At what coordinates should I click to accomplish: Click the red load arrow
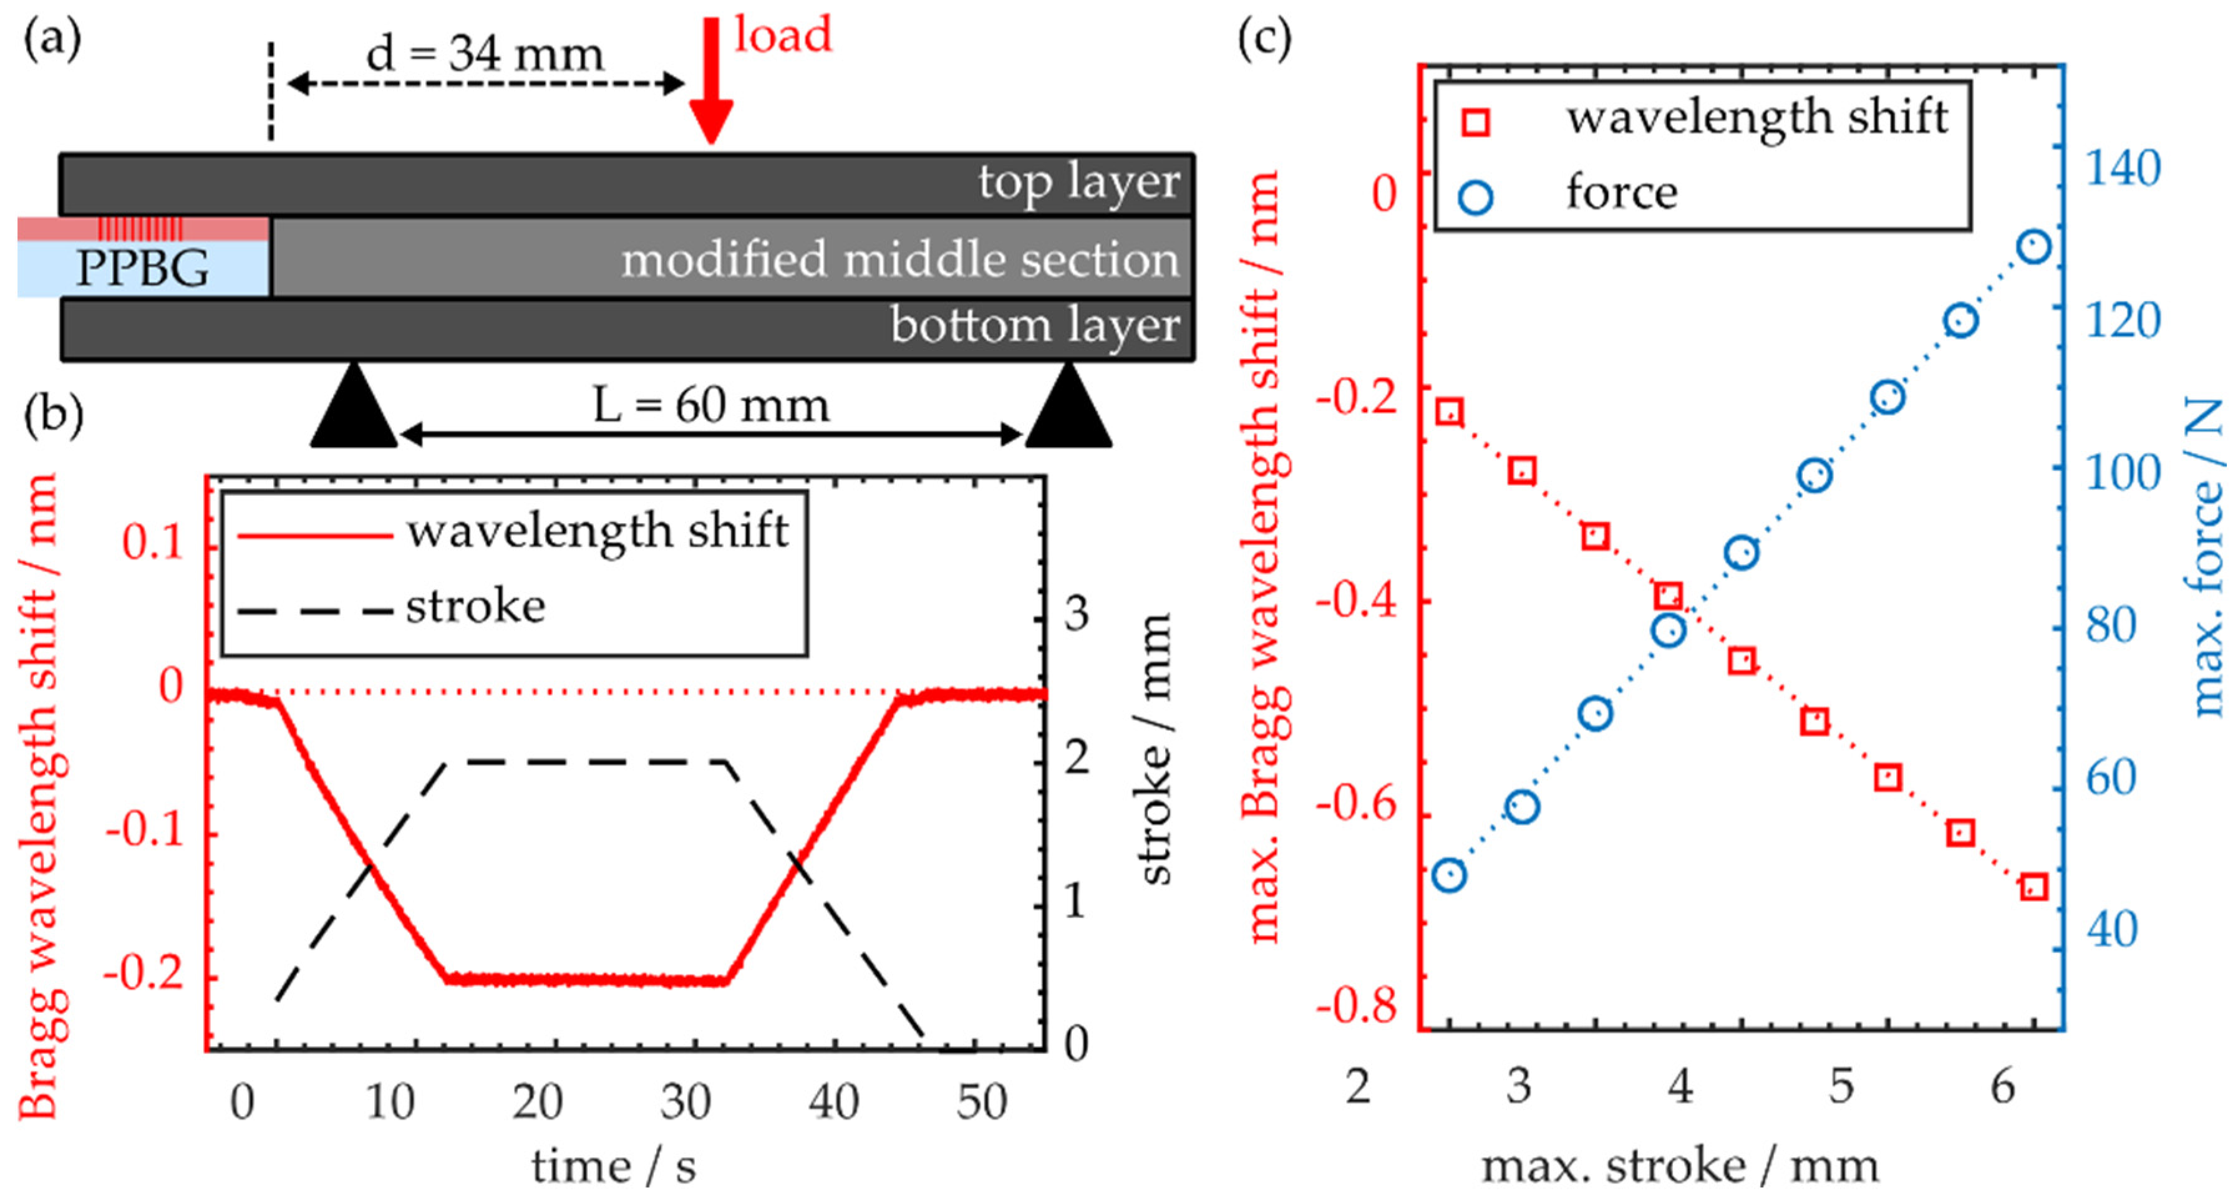[711, 82]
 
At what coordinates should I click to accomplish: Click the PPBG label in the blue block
[142, 268]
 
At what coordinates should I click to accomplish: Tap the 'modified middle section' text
[900, 259]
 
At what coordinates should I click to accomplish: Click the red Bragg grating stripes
[140, 229]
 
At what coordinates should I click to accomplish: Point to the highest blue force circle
[2033, 247]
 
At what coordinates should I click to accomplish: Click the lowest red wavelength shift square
[2033, 887]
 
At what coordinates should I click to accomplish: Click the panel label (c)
[1264, 39]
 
